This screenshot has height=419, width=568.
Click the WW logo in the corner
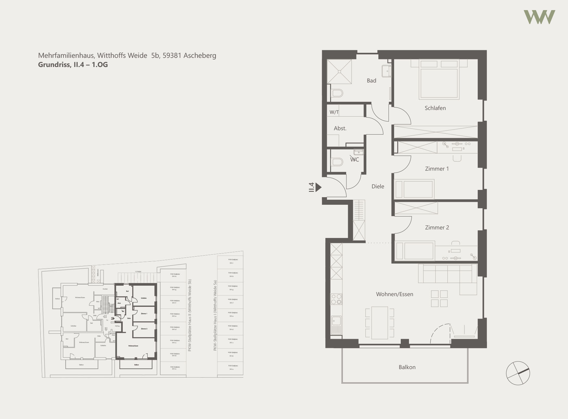pos(539,17)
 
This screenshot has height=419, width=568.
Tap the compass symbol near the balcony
pos(518,373)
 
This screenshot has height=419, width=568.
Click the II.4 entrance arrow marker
pos(318,187)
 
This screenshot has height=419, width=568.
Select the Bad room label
pos(371,81)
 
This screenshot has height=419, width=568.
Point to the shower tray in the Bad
pos(339,72)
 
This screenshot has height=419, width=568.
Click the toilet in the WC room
pos(337,162)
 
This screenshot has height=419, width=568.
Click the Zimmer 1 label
pos(437,169)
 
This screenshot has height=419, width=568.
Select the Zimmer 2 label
pos(437,228)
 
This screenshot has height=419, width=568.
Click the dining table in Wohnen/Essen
pos(380,323)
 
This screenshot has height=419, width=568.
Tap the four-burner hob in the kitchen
pos(336,299)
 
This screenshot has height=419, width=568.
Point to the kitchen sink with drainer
pos(336,325)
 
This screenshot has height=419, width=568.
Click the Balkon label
pos(407,367)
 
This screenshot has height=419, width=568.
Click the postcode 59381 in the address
pos(172,56)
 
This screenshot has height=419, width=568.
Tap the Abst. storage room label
pos(340,128)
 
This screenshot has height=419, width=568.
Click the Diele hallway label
pos(378,186)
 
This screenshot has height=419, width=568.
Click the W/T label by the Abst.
pos(334,112)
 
